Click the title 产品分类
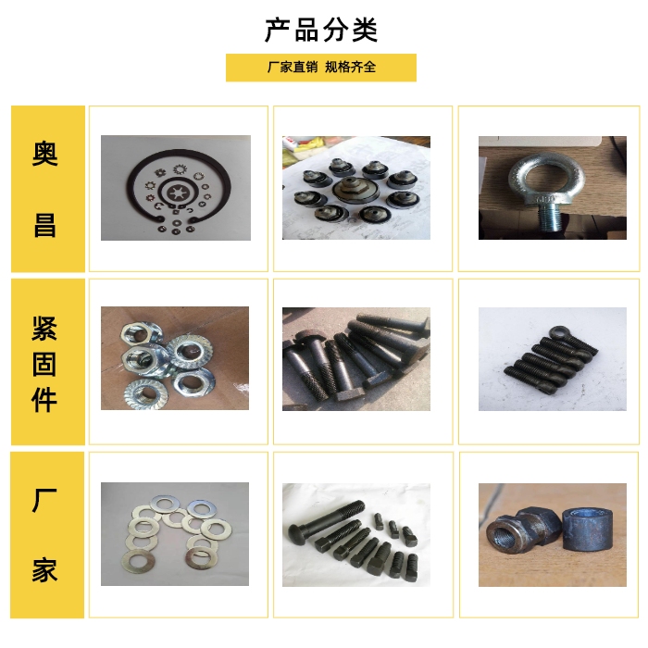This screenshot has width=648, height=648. click(x=321, y=31)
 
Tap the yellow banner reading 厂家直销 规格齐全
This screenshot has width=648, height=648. click(x=321, y=68)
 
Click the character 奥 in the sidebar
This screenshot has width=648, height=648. click(x=45, y=154)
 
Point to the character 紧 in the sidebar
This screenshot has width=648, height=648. click(x=44, y=329)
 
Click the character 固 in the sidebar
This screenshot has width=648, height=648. click(x=44, y=365)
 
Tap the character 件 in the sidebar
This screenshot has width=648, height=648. click(x=44, y=400)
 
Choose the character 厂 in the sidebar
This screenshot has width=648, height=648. click(x=44, y=501)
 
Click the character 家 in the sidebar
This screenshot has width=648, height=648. click(x=45, y=570)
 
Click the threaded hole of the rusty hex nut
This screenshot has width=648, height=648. click(x=502, y=536)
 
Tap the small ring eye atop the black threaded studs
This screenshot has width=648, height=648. click(x=558, y=331)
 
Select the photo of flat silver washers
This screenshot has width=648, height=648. click(x=175, y=534)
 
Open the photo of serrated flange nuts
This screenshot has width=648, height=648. click(x=175, y=358)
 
